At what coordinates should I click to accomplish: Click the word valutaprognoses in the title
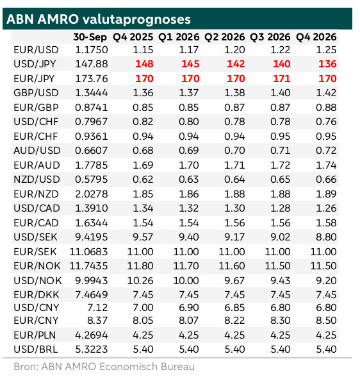click(136, 20)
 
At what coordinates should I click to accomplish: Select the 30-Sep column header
click(90, 37)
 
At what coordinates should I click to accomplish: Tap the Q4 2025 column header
click(133, 37)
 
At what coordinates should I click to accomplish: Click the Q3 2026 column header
click(270, 37)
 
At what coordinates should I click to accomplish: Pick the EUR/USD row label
click(37, 50)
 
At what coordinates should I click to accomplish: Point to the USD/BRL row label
click(36, 350)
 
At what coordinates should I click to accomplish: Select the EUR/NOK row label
click(37, 266)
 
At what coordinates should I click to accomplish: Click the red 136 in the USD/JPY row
click(327, 64)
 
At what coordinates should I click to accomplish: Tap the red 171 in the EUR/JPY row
click(281, 78)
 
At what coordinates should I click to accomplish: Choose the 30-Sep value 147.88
click(92, 64)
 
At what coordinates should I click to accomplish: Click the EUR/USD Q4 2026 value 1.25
click(326, 50)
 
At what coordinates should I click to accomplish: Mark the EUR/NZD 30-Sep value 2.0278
click(92, 194)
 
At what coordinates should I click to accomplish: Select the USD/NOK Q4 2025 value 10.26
click(140, 281)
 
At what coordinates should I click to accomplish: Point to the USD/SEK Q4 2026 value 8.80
click(326, 237)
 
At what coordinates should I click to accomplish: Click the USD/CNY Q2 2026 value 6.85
click(234, 308)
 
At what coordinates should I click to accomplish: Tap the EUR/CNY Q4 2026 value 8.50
click(326, 321)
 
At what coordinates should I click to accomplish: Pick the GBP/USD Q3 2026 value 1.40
click(281, 93)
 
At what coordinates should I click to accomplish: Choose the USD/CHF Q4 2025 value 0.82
click(143, 122)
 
